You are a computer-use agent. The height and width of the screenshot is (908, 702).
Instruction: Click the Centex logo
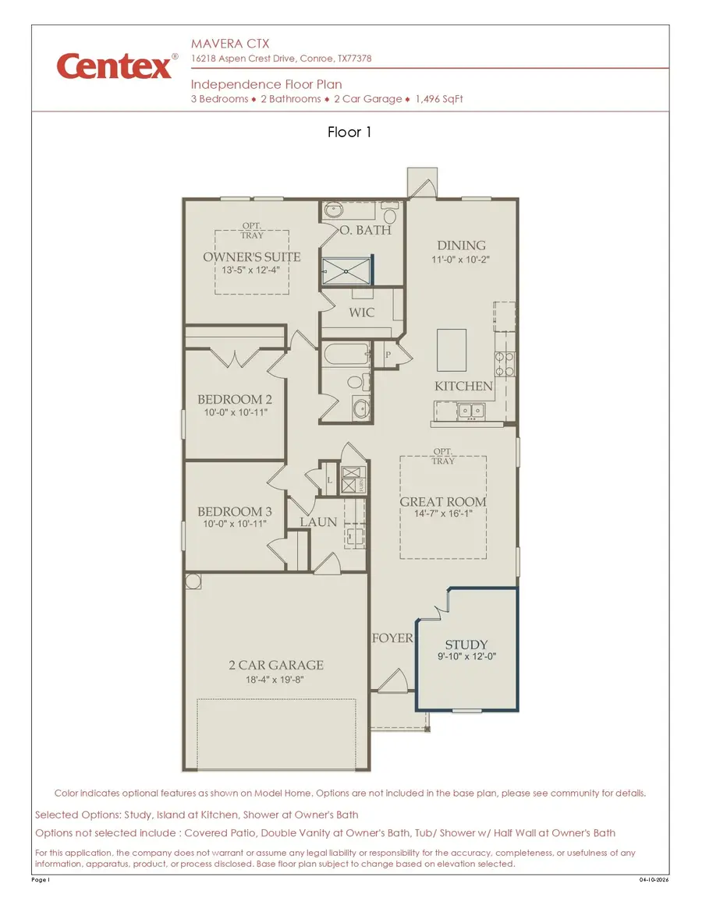(115, 67)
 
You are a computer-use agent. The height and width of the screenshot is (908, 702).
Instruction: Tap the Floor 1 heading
(350, 132)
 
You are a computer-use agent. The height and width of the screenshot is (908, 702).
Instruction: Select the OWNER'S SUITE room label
(252, 257)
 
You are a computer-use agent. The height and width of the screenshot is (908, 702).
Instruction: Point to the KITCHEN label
(463, 386)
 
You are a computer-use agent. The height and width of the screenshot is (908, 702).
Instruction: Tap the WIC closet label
(362, 313)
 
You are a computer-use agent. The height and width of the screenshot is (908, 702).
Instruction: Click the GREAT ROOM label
(443, 502)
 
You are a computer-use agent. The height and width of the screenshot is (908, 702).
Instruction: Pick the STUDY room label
(466, 645)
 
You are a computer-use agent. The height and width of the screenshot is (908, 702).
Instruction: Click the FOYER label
(392, 638)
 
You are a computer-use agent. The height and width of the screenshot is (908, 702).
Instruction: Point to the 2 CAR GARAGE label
(276, 665)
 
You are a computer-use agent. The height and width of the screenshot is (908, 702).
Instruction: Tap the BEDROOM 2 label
(235, 400)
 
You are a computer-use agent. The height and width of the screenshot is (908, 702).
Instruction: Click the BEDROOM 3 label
(235, 511)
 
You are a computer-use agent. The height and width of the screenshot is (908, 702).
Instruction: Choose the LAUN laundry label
(318, 521)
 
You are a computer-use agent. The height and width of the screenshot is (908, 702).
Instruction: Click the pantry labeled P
(388, 354)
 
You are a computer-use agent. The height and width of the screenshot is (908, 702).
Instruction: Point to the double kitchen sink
(470, 409)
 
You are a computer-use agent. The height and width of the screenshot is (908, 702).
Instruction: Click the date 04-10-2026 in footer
(654, 880)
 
